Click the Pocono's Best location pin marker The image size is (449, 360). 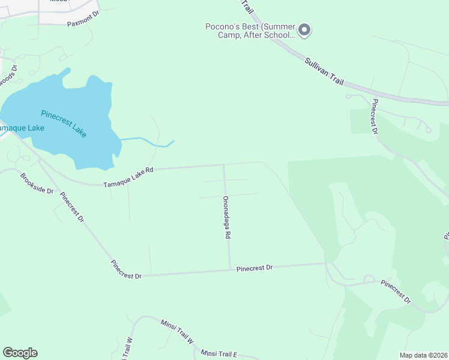pyautogui.click(x=304, y=30)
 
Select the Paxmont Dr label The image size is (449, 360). pyautogui.click(x=82, y=24)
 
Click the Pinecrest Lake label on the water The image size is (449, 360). pyautogui.click(x=64, y=123)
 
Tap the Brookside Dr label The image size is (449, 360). pyautogui.click(x=37, y=184)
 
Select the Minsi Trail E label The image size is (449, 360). pyautogui.click(x=219, y=353)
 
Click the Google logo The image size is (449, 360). pyautogui.click(x=20, y=353)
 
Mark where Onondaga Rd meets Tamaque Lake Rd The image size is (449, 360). pyautogui.click(x=224, y=164)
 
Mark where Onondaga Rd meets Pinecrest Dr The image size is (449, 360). pyautogui.click(x=229, y=269)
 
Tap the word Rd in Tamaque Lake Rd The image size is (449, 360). pyautogui.click(x=148, y=170)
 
